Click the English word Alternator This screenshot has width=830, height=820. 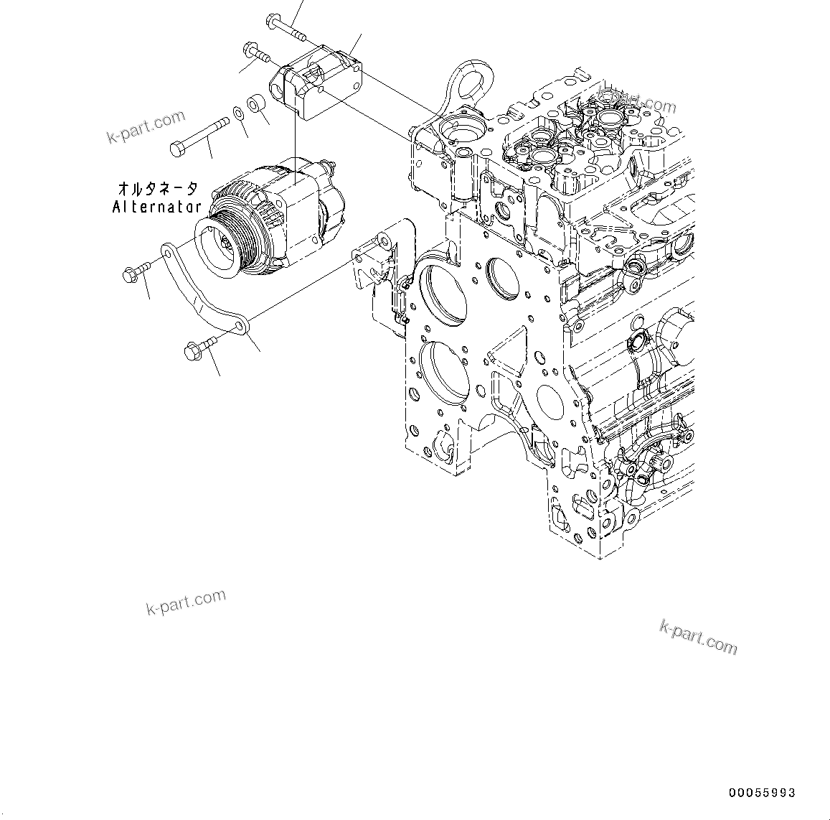[156, 207]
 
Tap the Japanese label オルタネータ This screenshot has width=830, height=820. [157, 189]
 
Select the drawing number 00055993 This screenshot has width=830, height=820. [762, 793]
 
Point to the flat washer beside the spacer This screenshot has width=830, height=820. [237, 113]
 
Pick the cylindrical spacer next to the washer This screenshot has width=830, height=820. [255, 105]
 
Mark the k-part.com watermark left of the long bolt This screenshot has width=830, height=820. [146, 126]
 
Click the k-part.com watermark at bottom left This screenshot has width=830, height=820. [186, 602]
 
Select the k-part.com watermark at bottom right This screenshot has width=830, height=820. [698, 637]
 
